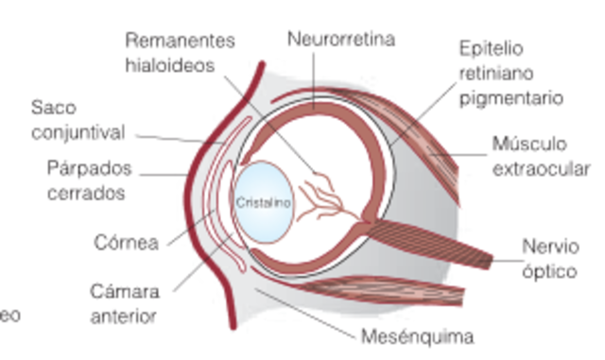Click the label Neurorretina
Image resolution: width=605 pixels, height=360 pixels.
click(x=341, y=39)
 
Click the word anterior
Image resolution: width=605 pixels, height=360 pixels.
click(x=123, y=316)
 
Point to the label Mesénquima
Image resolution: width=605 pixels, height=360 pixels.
click(x=418, y=335)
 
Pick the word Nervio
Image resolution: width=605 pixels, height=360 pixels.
click(x=549, y=248)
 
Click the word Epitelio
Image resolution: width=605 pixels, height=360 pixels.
click(x=490, y=47)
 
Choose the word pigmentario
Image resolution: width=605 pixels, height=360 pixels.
click(x=511, y=97)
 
